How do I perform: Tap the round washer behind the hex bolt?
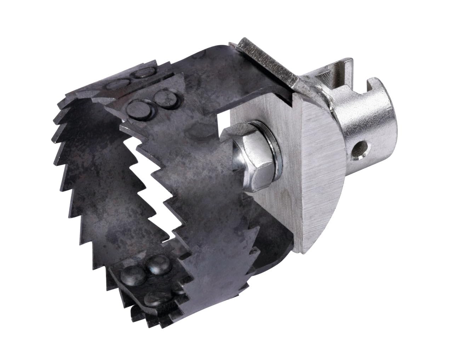tap(266, 149)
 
